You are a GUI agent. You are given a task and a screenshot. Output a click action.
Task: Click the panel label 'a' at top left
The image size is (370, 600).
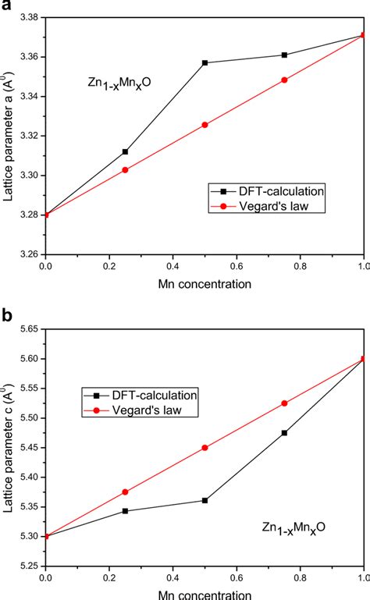pos(5,5)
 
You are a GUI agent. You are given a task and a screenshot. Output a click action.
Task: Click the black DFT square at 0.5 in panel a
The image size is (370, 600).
pos(205,62)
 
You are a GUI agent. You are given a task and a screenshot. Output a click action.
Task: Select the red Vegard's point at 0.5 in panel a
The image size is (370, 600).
pos(205,125)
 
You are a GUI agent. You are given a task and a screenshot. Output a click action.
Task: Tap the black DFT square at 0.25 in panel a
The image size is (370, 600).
pos(125,151)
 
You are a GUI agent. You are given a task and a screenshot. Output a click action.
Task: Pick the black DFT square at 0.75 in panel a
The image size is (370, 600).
pos(284,55)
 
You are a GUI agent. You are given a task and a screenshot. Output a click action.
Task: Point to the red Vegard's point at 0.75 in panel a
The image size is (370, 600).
pos(284,80)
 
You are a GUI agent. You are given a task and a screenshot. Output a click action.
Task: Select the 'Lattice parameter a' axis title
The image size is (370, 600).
pos(9,133)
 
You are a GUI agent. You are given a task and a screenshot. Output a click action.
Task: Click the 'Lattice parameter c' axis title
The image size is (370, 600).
pos(9,445)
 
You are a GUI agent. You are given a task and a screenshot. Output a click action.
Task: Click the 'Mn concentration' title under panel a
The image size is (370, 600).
pos(205,284)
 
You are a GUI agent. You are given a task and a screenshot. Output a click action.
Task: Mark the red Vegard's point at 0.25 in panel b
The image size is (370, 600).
pos(125,492)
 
